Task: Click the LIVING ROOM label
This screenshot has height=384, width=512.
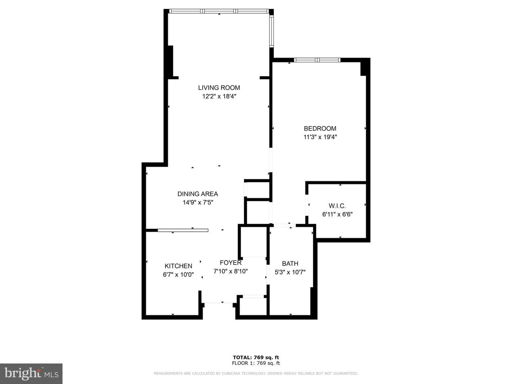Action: coord(219,88)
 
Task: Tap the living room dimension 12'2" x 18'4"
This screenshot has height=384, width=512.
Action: coord(219,96)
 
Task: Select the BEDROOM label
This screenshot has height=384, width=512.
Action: coord(320,128)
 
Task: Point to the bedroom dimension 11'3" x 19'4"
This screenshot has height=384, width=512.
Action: coord(320,137)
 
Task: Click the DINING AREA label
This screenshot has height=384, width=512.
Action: coord(198,194)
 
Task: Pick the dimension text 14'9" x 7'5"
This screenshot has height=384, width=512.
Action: coord(198,202)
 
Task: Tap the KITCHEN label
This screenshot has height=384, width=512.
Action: coord(178,266)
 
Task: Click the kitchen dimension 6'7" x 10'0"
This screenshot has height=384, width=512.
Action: coord(178,274)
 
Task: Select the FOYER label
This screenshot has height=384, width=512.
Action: coord(230,263)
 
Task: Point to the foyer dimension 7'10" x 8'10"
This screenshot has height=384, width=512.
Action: coord(230,271)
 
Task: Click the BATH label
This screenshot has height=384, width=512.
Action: coord(290,263)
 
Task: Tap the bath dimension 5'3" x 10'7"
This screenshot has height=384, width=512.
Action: coord(290,272)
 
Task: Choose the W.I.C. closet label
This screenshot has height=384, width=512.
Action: coord(337,206)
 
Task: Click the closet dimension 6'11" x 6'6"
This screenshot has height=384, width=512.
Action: coord(337,214)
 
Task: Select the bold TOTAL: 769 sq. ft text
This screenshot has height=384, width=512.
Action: coord(256,357)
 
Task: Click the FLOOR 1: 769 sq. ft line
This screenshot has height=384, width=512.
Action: coord(256,363)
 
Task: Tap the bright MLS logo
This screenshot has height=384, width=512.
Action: coord(31,374)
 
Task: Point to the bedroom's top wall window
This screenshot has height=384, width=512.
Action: coord(317,60)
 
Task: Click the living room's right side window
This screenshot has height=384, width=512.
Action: coord(272,31)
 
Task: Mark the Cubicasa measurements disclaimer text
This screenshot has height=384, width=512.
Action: coord(256,373)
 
